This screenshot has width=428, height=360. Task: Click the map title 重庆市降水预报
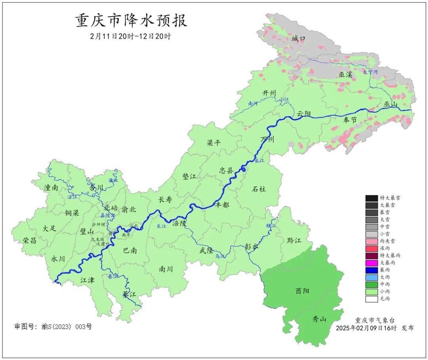[x=131, y=21]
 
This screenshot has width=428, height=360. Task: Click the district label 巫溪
[x=345, y=75]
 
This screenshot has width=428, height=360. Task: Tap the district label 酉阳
[x=302, y=291]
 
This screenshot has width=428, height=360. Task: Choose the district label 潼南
[x=52, y=188]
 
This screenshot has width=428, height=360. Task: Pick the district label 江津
[x=87, y=280]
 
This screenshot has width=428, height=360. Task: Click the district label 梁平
[x=214, y=143]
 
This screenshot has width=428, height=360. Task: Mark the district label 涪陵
[x=179, y=223]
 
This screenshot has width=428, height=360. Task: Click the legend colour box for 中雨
[x=371, y=284]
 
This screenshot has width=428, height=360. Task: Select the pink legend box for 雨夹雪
[x=371, y=241]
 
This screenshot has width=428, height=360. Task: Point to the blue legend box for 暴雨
[x=371, y=270]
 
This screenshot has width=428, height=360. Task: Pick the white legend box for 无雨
[x=371, y=299]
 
